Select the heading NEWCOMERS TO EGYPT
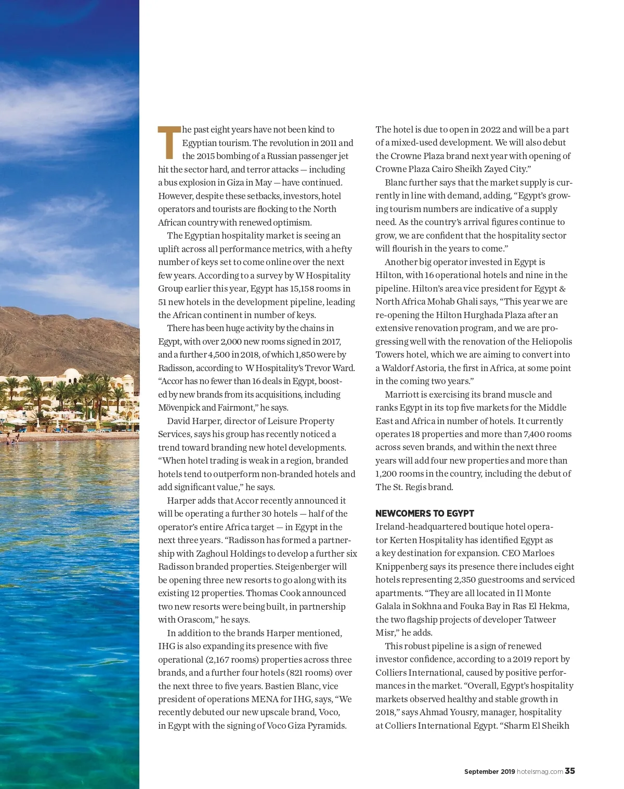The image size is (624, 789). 424,514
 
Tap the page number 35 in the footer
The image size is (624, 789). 570,771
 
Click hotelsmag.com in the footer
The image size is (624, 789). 539,772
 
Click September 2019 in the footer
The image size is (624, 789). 489,772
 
